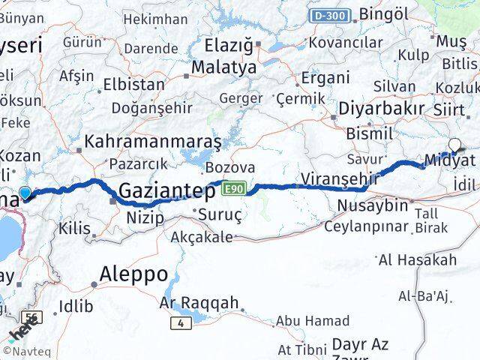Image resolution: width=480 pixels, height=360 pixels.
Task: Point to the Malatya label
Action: [223, 67]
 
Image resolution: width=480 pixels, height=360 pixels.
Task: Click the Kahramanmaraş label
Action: [153, 141]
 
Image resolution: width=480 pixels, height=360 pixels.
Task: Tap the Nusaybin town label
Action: [373, 205]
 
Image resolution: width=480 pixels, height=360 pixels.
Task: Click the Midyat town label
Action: [449, 160]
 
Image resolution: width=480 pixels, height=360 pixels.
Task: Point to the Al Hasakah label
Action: [428, 260]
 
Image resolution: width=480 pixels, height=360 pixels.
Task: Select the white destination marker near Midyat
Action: [454, 145]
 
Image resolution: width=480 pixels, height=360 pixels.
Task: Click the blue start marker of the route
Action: [25, 193]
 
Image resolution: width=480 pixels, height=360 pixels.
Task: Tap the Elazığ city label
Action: [229, 46]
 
